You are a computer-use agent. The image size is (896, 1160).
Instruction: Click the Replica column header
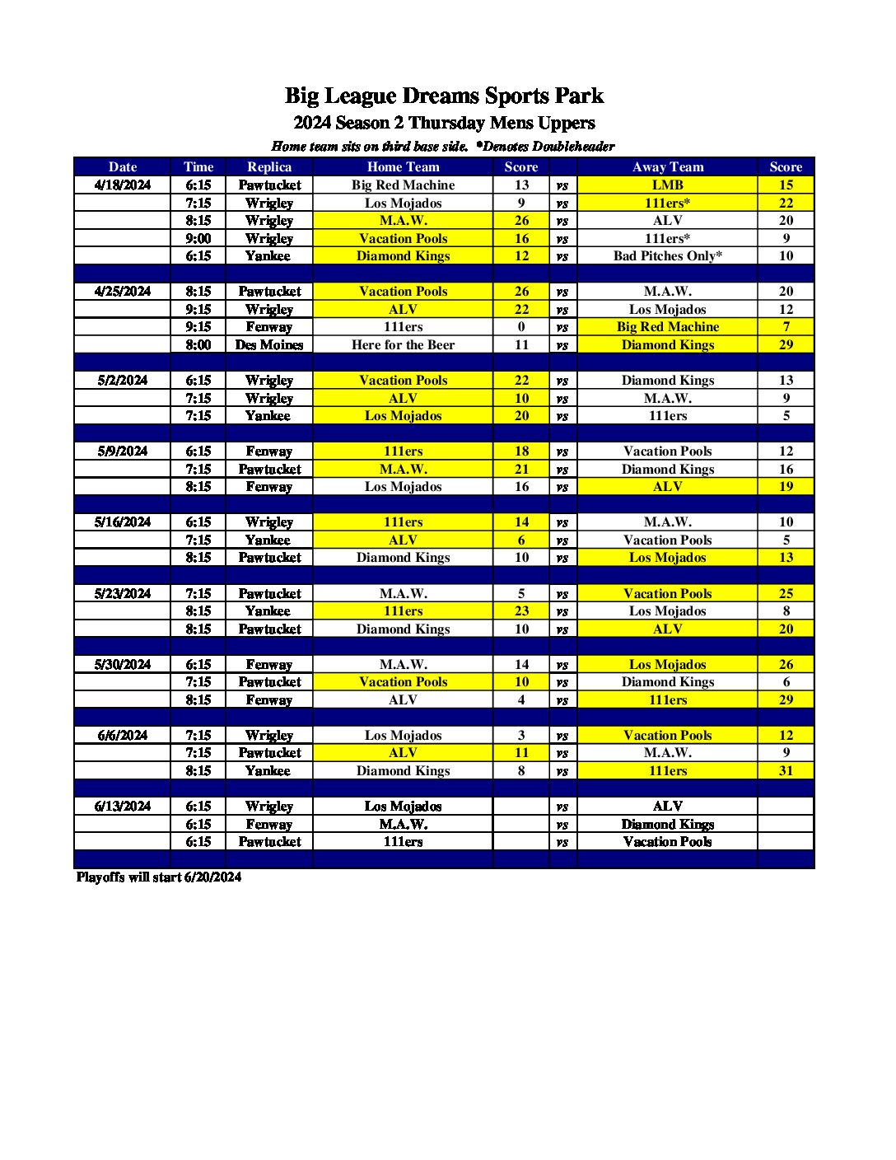tap(269, 166)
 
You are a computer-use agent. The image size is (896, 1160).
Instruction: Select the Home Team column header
tap(403, 166)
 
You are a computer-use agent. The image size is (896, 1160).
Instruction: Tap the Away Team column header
tap(668, 166)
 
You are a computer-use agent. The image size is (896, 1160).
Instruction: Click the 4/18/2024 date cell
tap(123, 185)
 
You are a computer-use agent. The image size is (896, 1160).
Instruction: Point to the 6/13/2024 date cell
tap(123, 806)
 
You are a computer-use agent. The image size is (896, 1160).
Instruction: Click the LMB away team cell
tap(668, 185)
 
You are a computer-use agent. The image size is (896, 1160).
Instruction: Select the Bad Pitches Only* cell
tap(668, 255)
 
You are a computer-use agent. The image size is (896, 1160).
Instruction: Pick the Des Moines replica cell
tap(269, 344)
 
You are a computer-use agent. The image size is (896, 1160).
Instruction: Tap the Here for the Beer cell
tap(403, 344)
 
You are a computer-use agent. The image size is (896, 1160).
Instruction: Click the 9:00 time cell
tap(198, 238)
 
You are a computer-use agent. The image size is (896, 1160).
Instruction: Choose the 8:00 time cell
tap(198, 344)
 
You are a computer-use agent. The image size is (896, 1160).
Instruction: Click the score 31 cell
tap(786, 770)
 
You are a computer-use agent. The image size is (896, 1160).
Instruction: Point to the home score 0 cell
tap(521, 326)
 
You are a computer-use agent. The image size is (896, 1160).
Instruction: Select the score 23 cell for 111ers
tap(521, 610)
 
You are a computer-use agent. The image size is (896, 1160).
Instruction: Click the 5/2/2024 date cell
tap(123, 380)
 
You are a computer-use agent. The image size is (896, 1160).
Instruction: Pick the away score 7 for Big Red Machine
tap(786, 326)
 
